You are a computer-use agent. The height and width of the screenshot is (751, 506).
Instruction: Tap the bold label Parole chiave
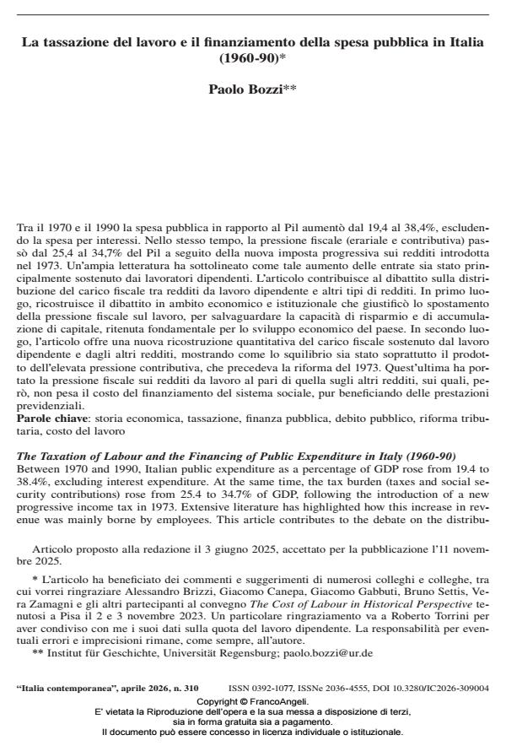pos(53,417)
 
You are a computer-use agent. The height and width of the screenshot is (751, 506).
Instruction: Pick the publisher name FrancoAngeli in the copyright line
pos(282,701)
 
